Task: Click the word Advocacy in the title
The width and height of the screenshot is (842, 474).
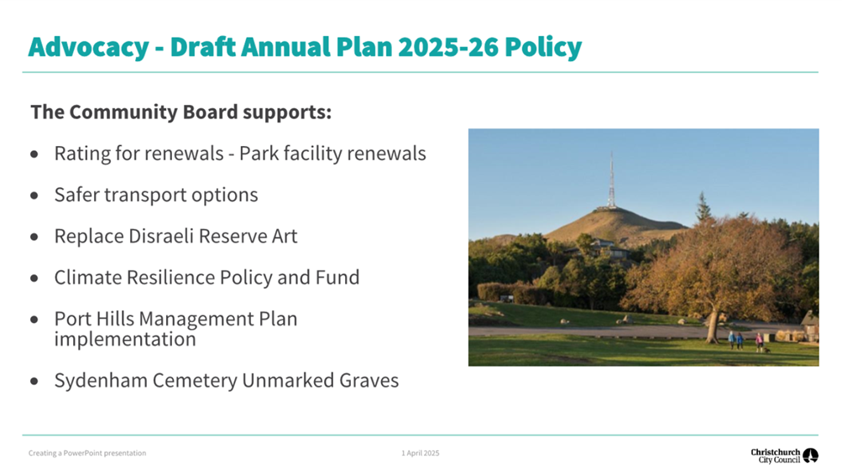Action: pos(89,47)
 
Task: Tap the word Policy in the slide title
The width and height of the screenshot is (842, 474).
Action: pos(543,47)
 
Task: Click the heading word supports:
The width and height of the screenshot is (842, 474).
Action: pos(287,112)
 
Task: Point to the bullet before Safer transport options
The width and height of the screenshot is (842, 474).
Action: pos(34,195)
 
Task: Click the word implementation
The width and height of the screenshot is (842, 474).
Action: pos(125,339)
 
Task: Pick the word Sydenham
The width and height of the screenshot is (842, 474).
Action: pos(101,381)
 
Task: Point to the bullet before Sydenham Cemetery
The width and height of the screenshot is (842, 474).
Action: pos(34,381)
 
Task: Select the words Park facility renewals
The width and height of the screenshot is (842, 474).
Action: pos(332,154)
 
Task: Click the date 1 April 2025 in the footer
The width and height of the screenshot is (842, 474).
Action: pos(421,453)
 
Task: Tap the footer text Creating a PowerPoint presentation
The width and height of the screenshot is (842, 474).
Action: pos(87,453)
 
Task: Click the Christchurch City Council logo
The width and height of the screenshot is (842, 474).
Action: pos(784,456)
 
